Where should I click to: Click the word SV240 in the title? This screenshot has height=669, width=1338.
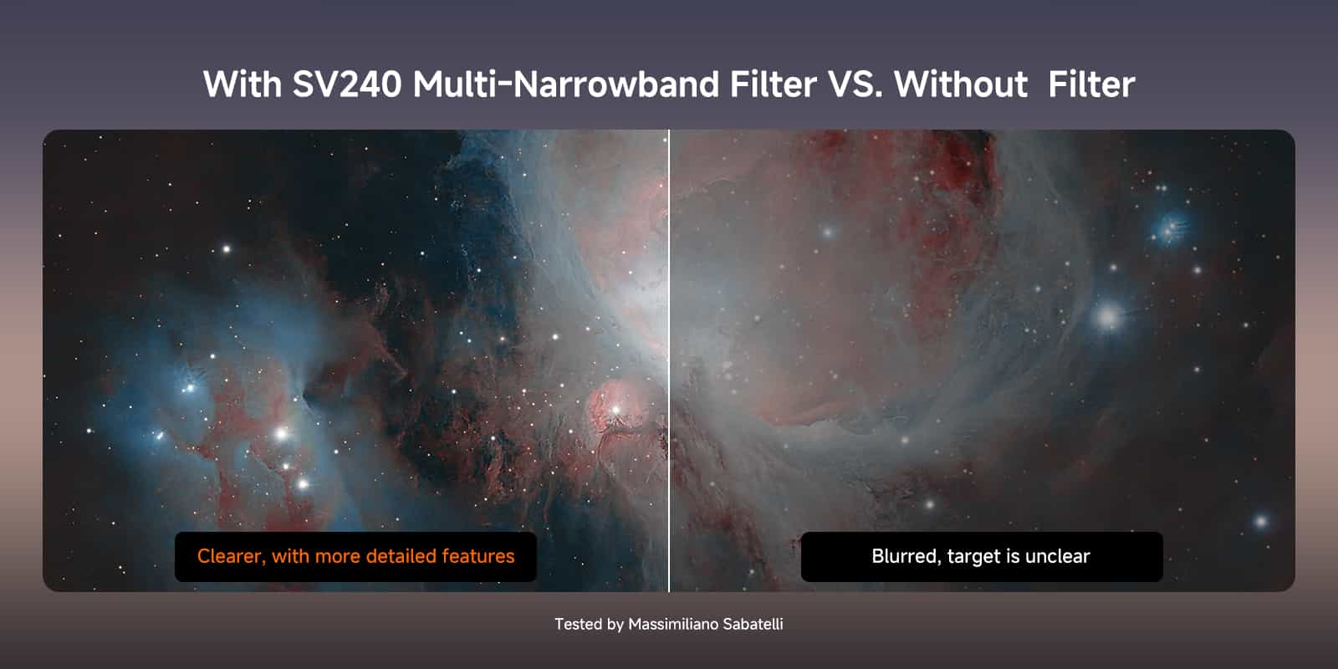[346, 84]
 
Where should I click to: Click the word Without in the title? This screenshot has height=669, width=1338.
[961, 84]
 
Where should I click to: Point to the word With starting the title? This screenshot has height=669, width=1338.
[242, 84]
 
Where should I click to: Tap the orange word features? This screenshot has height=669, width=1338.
[477, 556]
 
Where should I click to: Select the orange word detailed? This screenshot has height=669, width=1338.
[401, 556]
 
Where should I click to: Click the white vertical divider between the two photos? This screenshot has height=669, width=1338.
[669, 360]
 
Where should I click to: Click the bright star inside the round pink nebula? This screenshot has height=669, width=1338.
[615, 410]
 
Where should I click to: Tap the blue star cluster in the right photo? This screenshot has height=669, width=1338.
[1171, 228]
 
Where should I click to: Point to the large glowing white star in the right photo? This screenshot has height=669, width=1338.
[1108, 317]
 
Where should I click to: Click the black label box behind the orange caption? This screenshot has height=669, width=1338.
[355, 557]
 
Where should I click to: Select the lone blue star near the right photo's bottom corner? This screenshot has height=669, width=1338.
[1261, 522]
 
